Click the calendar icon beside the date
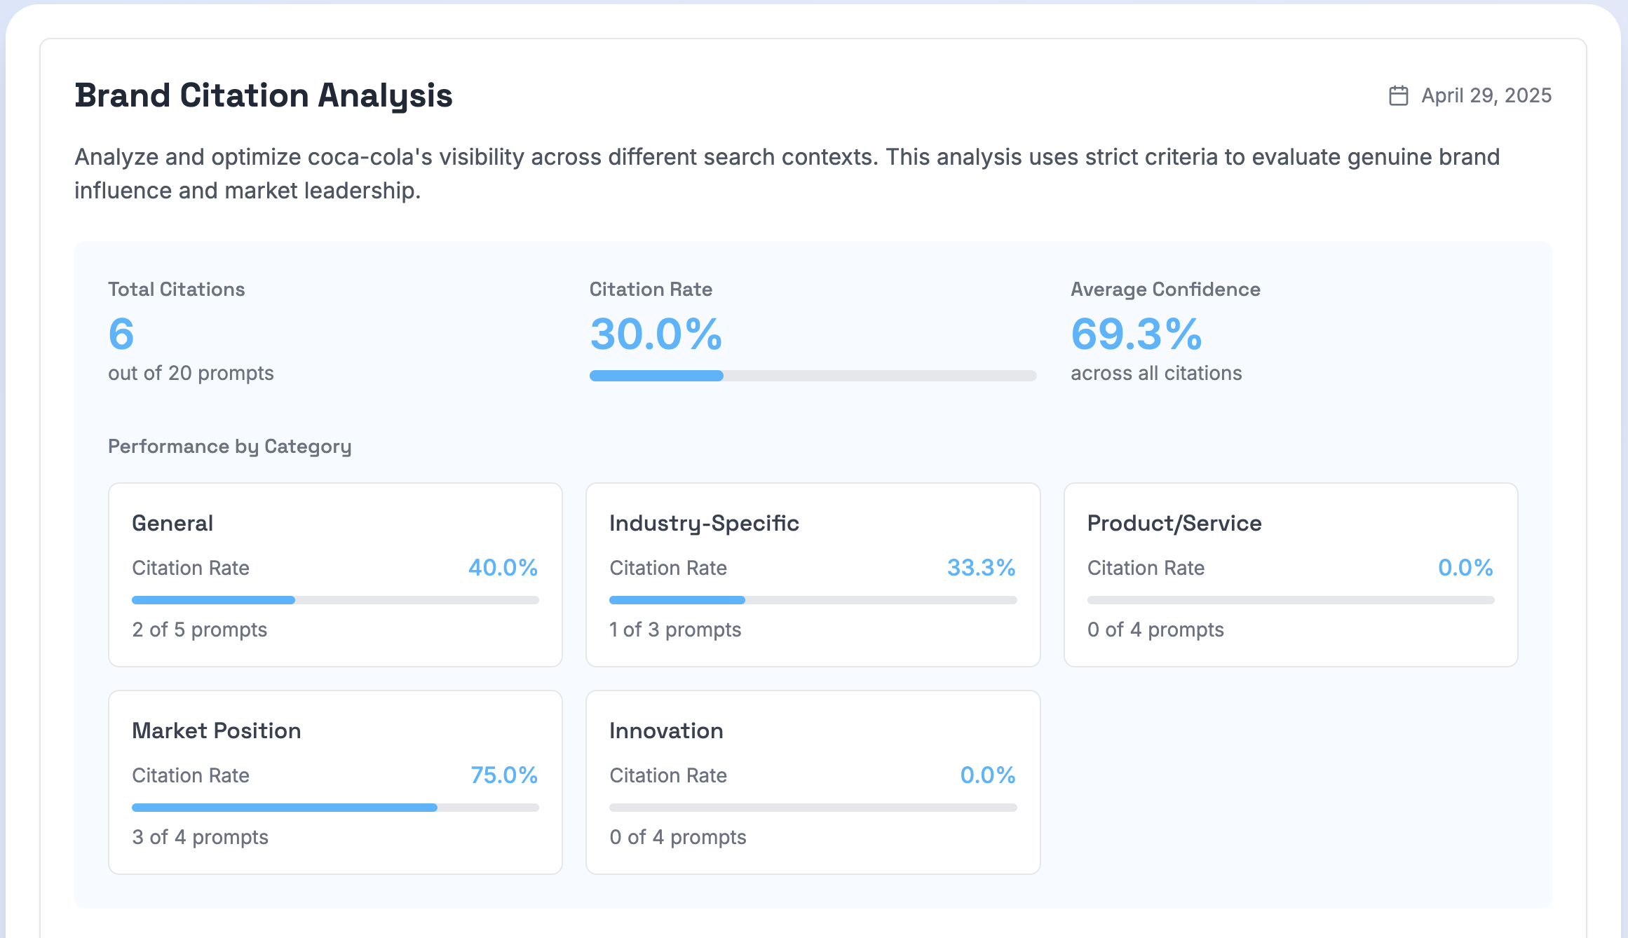[x=1398, y=95]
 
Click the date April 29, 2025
[x=1486, y=95]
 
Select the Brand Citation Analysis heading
[x=264, y=95]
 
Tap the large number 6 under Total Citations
[x=121, y=334]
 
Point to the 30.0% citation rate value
[x=656, y=334]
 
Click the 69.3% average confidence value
[x=1137, y=334]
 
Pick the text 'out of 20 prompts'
[x=191, y=373]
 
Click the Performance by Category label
[x=229, y=447]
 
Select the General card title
[x=172, y=523]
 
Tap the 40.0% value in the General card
[x=503, y=567]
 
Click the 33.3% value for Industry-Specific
[x=981, y=567]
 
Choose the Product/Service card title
[x=1174, y=523]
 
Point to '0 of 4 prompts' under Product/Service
[x=1155, y=630]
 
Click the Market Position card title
[x=216, y=730]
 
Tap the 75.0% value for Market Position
[x=503, y=775]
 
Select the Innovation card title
[x=666, y=730]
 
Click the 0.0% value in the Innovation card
[x=987, y=775]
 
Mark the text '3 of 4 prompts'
[x=200, y=837]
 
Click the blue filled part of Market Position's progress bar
[x=284, y=808]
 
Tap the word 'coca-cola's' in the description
[x=370, y=157]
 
